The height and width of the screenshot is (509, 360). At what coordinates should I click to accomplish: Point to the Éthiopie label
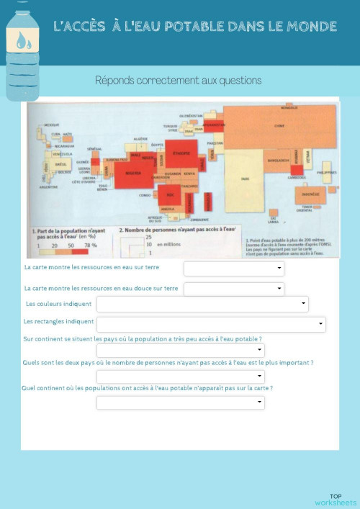[x=182, y=153]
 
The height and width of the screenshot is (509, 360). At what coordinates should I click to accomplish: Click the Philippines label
[x=326, y=173]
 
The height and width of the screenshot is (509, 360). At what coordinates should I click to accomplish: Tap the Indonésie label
[x=310, y=194]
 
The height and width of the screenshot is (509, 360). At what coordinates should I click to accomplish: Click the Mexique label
[x=51, y=125]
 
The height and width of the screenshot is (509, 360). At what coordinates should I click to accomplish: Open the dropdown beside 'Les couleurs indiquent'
[x=304, y=304]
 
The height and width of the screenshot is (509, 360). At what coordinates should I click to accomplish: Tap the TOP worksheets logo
[x=336, y=499]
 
